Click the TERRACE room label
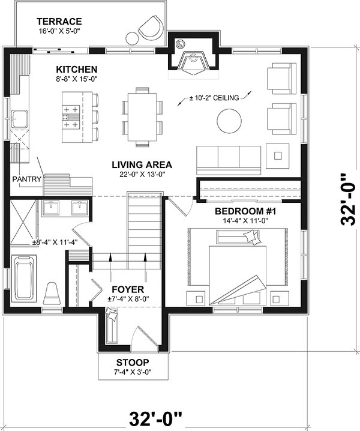tap(59, 22)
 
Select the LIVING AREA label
tap(142, 164)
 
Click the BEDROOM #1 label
tap(245, 211)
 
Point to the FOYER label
tap(128, 289)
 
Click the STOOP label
tap(133, 363)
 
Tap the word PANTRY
tap(26, 179)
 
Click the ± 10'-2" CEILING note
tap(214, 98)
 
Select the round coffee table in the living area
tap(229, 121)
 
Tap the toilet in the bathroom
tap(52, 294)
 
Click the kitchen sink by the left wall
tap(19, 119)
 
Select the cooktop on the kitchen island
tap(71, 118)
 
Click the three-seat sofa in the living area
tap(229, 160)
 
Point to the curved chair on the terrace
tap(152, 28)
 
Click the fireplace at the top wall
tap(194, 55)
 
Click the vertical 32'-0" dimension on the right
tap(348, 199)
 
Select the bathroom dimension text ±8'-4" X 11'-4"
tap(55, 243)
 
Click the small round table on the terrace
tap(133, 38)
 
